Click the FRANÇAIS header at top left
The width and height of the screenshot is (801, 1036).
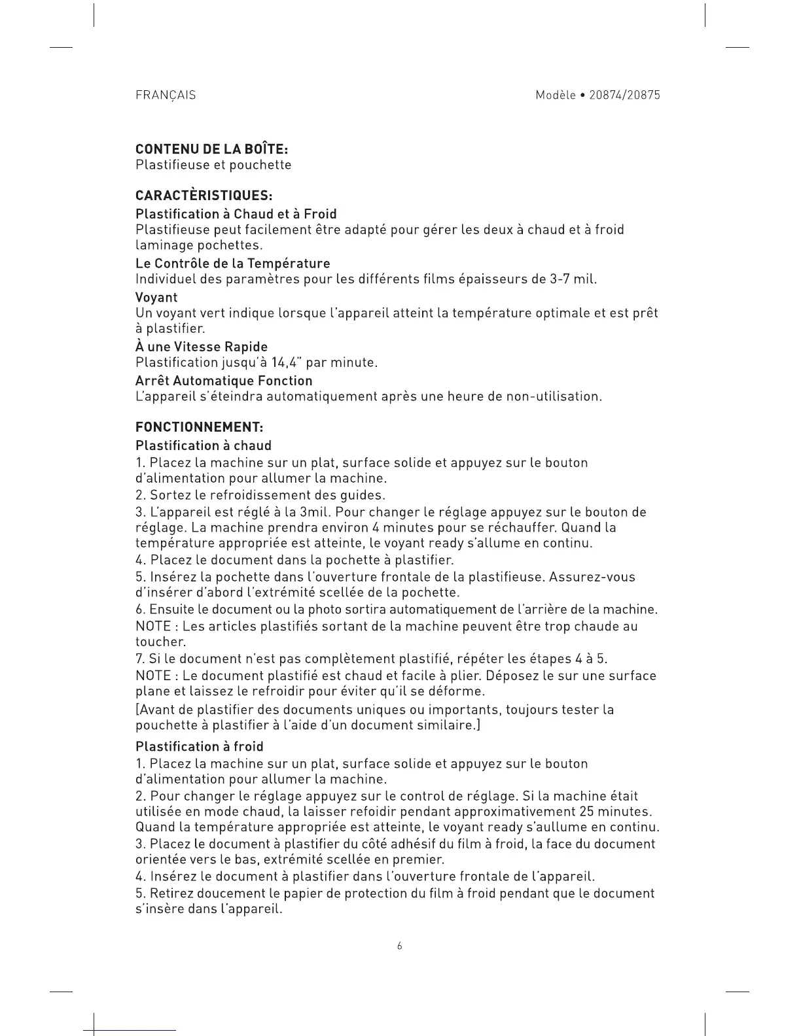pyautogui.click(x=165, y=95)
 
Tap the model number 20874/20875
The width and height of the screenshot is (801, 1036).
pyautogui.click(x=624, y=95)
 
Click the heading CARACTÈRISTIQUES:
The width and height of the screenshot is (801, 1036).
pyautogui.click(x=204, y=196)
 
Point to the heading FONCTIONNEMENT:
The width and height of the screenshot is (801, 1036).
pyautogui.click(x=199, y=427)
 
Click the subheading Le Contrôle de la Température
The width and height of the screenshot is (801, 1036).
pyautogui.click(x=232, y=264)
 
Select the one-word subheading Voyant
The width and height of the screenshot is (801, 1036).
pyautogui.click(x=156, y=297)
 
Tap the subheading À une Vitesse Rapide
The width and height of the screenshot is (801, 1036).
pyautogui.click(x=202, y=347)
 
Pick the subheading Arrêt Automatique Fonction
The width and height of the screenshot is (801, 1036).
pyautogui.click(x=224, y=381)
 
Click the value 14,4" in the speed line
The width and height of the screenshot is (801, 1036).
pyautogui.click(x=294, y=363)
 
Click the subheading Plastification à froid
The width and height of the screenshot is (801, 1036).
pyautogui.click(x=200, y=746)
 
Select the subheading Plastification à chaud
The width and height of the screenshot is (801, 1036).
pyautogui.click(x=204, y=445)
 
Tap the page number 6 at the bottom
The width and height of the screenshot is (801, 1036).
pyautogui.click(x=400, y=946)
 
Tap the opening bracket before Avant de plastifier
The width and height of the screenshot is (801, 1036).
pyautogui.click(x=137, y=710)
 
